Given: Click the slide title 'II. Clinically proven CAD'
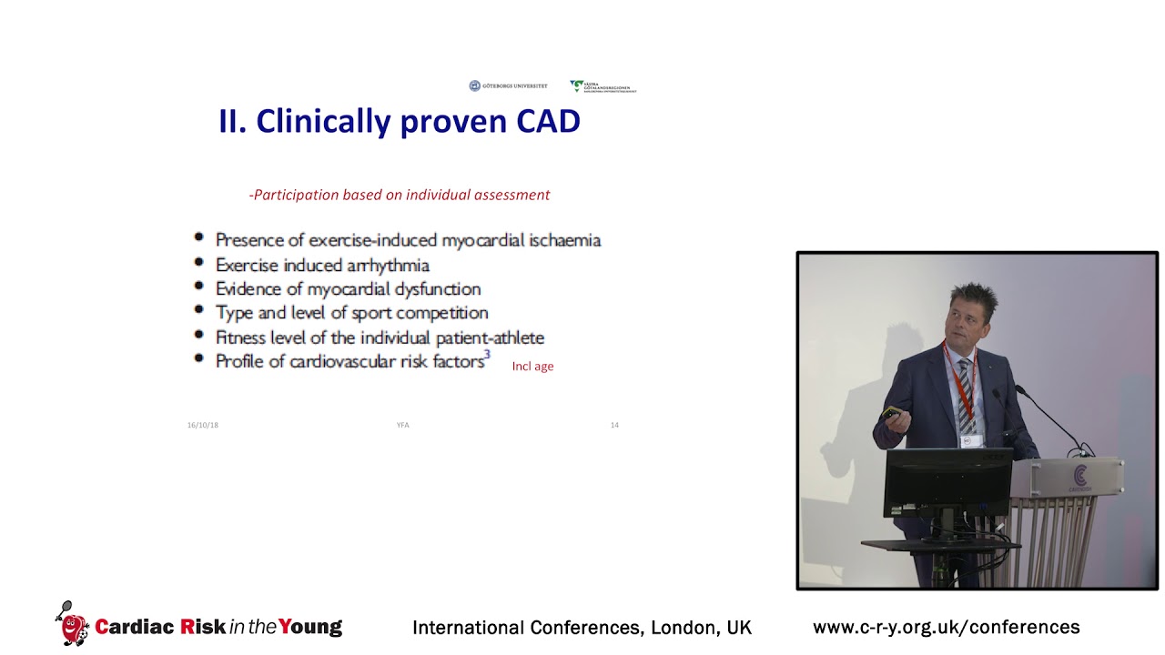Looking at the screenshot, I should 399,121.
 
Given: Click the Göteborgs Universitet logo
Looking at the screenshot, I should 508,86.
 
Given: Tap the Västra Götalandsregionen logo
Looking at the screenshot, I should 603,86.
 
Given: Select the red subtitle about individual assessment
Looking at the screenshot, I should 400,195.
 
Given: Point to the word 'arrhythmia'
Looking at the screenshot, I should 387,265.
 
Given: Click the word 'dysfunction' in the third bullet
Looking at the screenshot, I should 436,289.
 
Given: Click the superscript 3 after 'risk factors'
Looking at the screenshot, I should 487,356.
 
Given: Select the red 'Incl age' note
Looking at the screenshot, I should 532,366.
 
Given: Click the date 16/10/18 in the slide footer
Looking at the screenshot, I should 203,425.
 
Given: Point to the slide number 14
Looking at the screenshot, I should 614,425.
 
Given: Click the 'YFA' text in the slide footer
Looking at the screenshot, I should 402,425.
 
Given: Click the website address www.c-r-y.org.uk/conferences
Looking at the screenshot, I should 946,627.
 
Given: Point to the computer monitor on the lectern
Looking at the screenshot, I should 947,482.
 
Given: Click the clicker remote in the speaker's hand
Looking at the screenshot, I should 891,414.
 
